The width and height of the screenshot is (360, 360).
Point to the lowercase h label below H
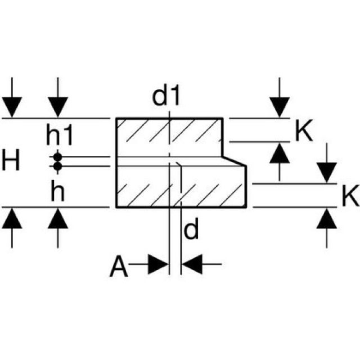pyautogui.click(x=57, y=192)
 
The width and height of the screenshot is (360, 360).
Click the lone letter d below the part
pyautogui.click(x=191, y=229)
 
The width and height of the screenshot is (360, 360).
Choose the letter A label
pyautogui.click(x=119, y=267)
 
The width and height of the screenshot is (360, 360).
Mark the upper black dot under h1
pyautogui.click(x=57, y=157)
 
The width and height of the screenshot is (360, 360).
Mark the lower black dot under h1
pyautogui.click(x=57, y=166)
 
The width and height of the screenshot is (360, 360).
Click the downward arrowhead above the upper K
pyautogui.click(x=280, y=107)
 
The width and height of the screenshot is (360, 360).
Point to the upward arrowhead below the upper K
pyautogui.click(x=280, y=153)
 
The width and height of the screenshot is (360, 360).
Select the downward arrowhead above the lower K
pyautogui.click(x=327, y=172)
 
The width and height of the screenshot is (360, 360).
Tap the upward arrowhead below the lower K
pyautogui.click(x=327, y=218)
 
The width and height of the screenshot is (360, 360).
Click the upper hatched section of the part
pyautogui.click(x=169, y=137)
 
